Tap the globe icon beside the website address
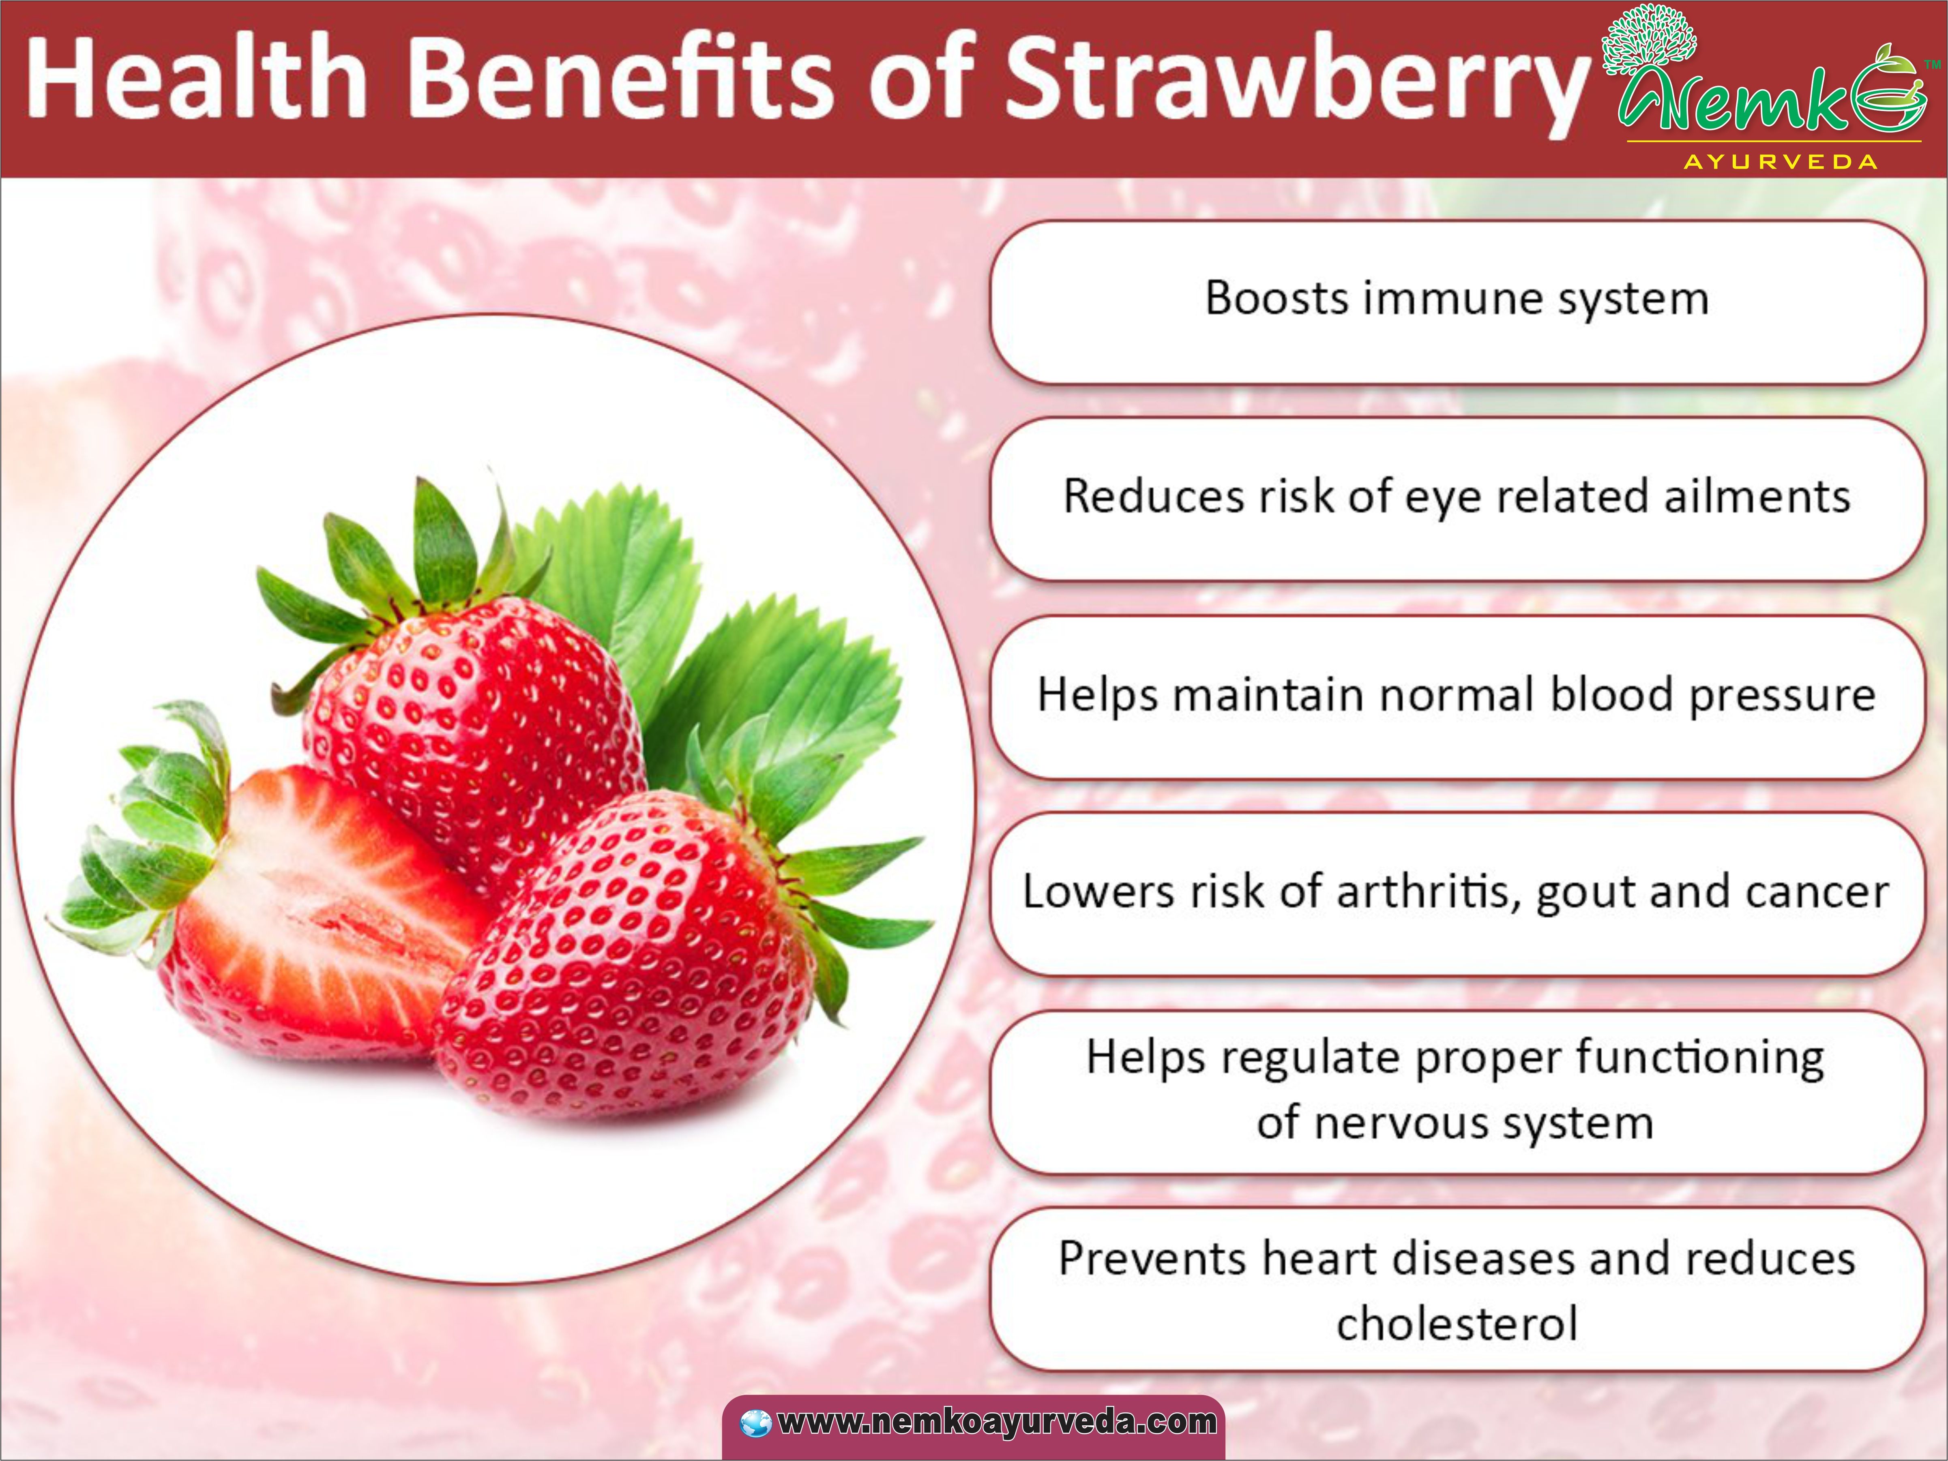[x=755, y=1422]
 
